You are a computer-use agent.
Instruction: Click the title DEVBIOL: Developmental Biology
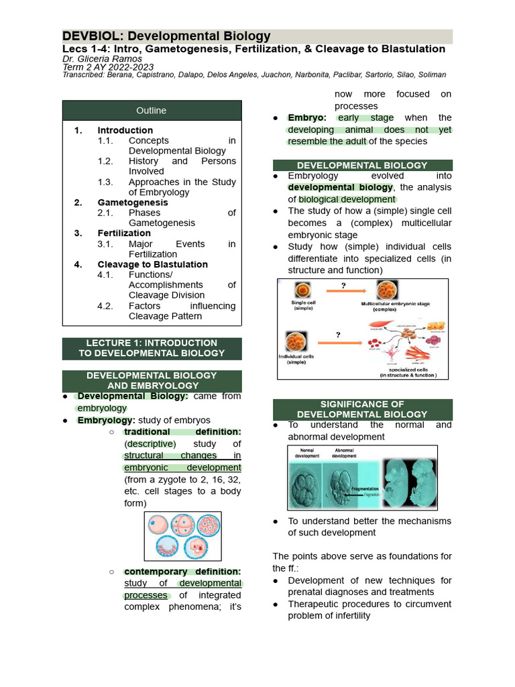(166, 36)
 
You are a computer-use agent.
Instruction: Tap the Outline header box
(152, 110)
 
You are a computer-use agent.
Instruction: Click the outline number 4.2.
(105, 306)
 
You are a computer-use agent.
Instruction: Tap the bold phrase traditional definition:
(182, 432)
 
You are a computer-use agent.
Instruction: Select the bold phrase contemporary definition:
(182, 572)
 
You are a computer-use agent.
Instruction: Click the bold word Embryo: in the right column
(307, 117)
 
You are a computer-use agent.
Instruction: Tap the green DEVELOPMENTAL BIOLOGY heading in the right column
(362, 165)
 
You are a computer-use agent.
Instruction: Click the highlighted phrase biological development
(347, 199)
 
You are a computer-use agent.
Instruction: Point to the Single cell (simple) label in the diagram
(304, 305)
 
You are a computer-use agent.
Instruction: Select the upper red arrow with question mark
(343, 290)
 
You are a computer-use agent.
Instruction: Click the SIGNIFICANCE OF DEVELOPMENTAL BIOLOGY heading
(362, 409)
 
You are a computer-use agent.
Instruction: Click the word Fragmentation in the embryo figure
(362, 489)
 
